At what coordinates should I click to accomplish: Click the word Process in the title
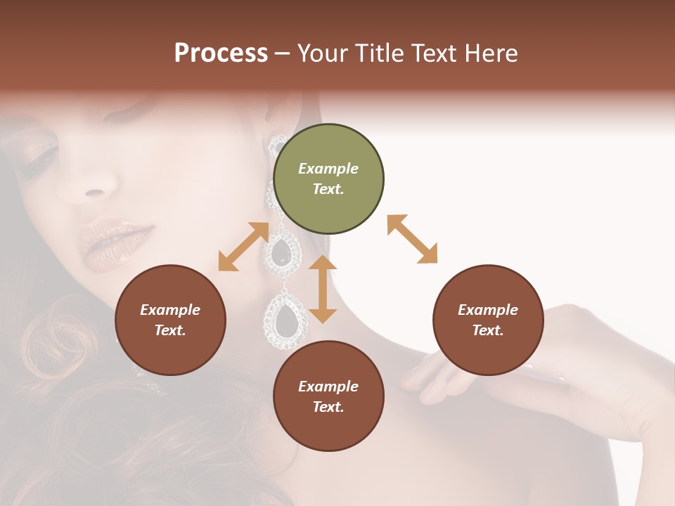click(x=221, y=53)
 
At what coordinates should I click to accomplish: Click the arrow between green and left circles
click(x=243, y=246)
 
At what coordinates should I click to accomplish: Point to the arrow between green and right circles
click(x=412, y=239)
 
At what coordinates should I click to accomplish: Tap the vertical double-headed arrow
click(x=323, y=289)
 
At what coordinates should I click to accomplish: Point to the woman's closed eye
click(x=39, y=153)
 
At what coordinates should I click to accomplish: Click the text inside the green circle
click(x=328, y=179)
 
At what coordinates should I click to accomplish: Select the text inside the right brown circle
click(x=488, y=320)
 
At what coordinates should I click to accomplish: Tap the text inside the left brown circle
click(x=170, y=320)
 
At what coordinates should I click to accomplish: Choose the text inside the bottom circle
click(x=328, y=396)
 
